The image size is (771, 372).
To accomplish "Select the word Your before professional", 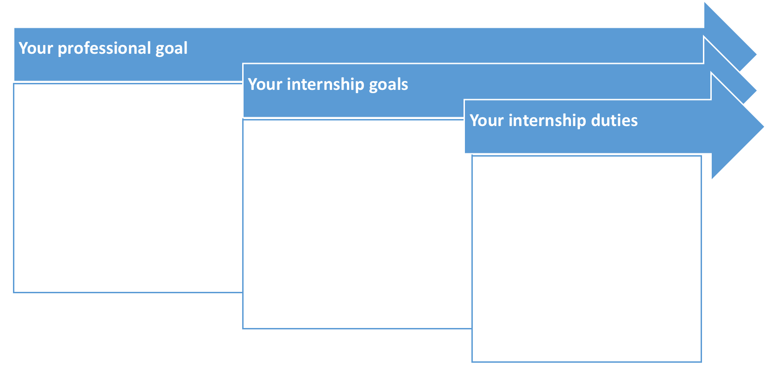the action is (36, 48).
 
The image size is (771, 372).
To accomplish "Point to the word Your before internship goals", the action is (265, 84).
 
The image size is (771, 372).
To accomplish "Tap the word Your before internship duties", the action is (487, 120).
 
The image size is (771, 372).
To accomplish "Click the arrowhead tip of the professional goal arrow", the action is (756, 54).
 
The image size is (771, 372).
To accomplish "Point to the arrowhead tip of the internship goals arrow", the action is (756, 91).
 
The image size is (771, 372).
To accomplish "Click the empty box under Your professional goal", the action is (128, 188).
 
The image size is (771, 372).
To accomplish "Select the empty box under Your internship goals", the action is (357, 224).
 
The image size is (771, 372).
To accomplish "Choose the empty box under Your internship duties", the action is (587, 259).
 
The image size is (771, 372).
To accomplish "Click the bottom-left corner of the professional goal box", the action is (14, 292).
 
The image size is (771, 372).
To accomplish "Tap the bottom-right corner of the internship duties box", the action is (702, 362).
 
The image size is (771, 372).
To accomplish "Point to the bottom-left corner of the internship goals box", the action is (243, 328).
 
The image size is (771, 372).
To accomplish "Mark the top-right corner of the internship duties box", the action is (702, 156).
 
